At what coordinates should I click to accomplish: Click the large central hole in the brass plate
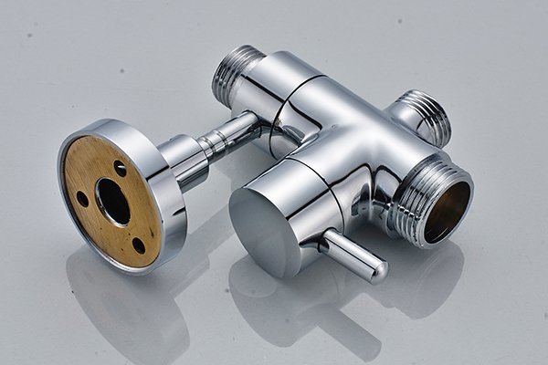[113, 201]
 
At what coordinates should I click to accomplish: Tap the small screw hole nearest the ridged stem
[120, 169]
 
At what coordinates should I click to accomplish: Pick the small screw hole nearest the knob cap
[139, 244]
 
